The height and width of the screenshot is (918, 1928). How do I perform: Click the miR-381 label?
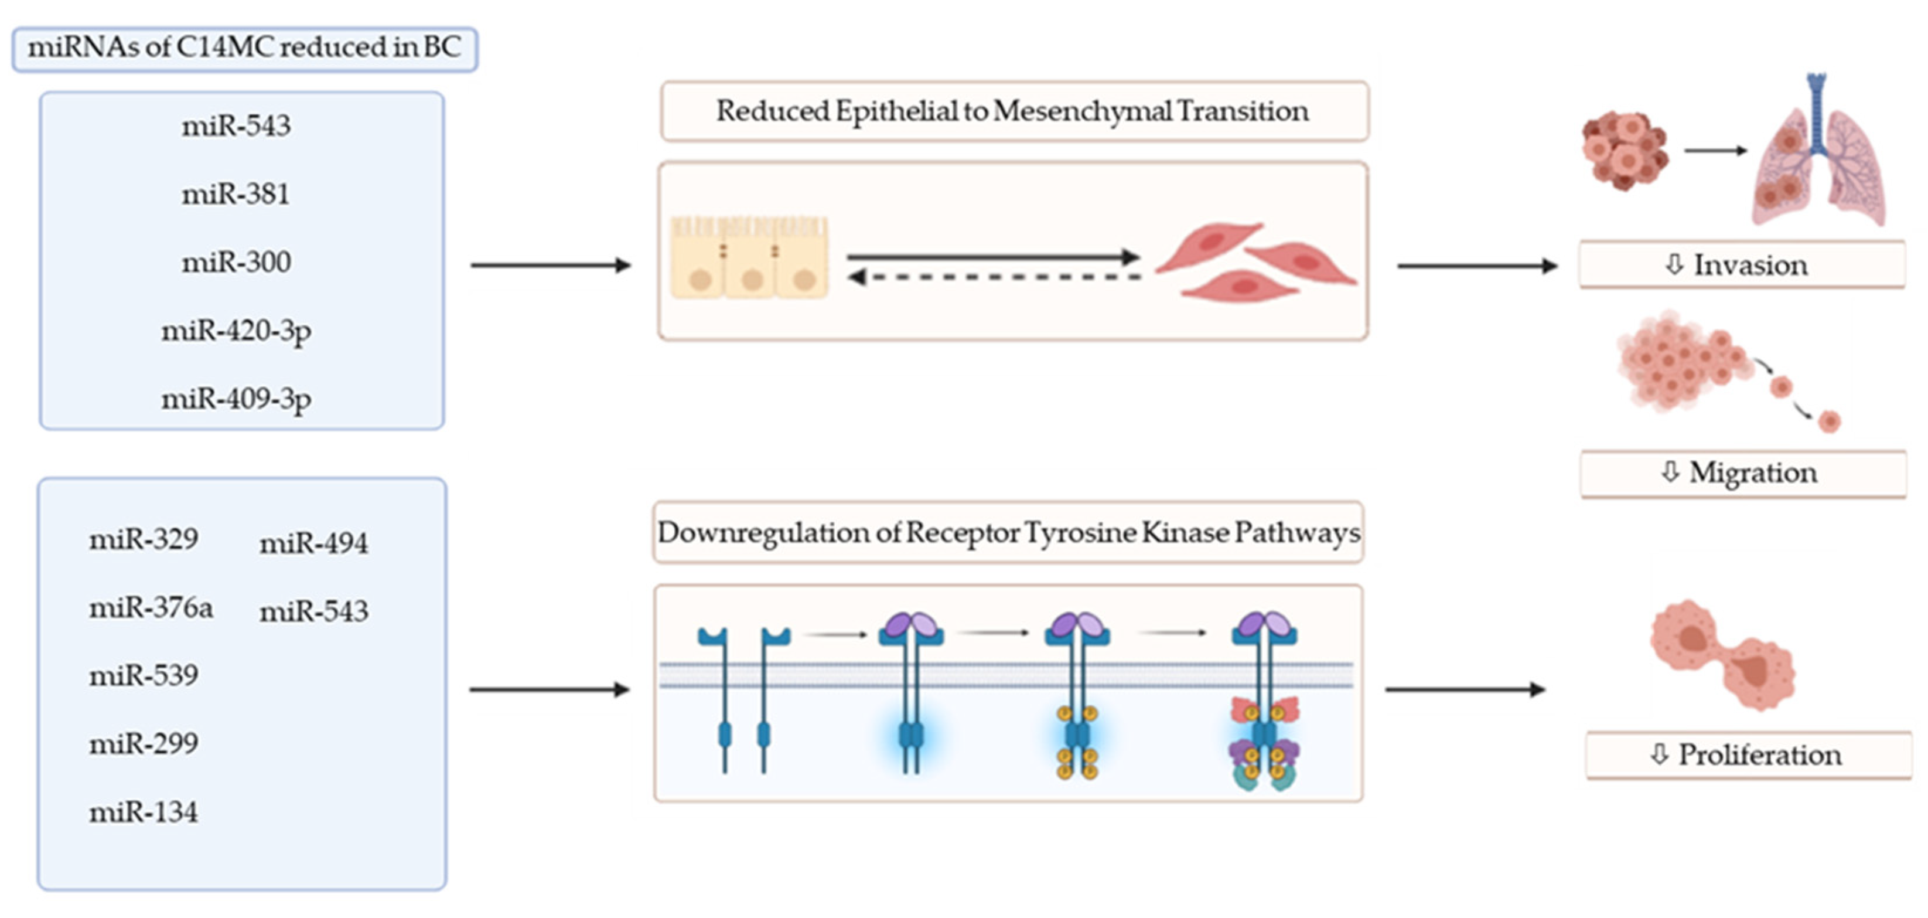click(236, 195)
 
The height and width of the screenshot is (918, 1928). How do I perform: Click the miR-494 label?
click(313, 543)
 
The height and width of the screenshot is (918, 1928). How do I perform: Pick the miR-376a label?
click(151, 607)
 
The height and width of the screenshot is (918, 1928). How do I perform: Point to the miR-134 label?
click(144, 812)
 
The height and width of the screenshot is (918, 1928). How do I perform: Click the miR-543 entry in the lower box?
click(313, 611)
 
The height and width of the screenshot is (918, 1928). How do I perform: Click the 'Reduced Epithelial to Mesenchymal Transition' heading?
click(1014, 111)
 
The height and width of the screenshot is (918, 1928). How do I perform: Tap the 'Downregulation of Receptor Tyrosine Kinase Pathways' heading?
click(1008, 532)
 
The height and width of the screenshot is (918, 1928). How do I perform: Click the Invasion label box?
click(1741, 264)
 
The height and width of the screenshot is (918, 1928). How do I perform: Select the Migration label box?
click(1742, 472)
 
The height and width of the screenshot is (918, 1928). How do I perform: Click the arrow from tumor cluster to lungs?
click(1715, 151)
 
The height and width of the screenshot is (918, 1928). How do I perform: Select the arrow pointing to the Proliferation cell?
click(1464, 689)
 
